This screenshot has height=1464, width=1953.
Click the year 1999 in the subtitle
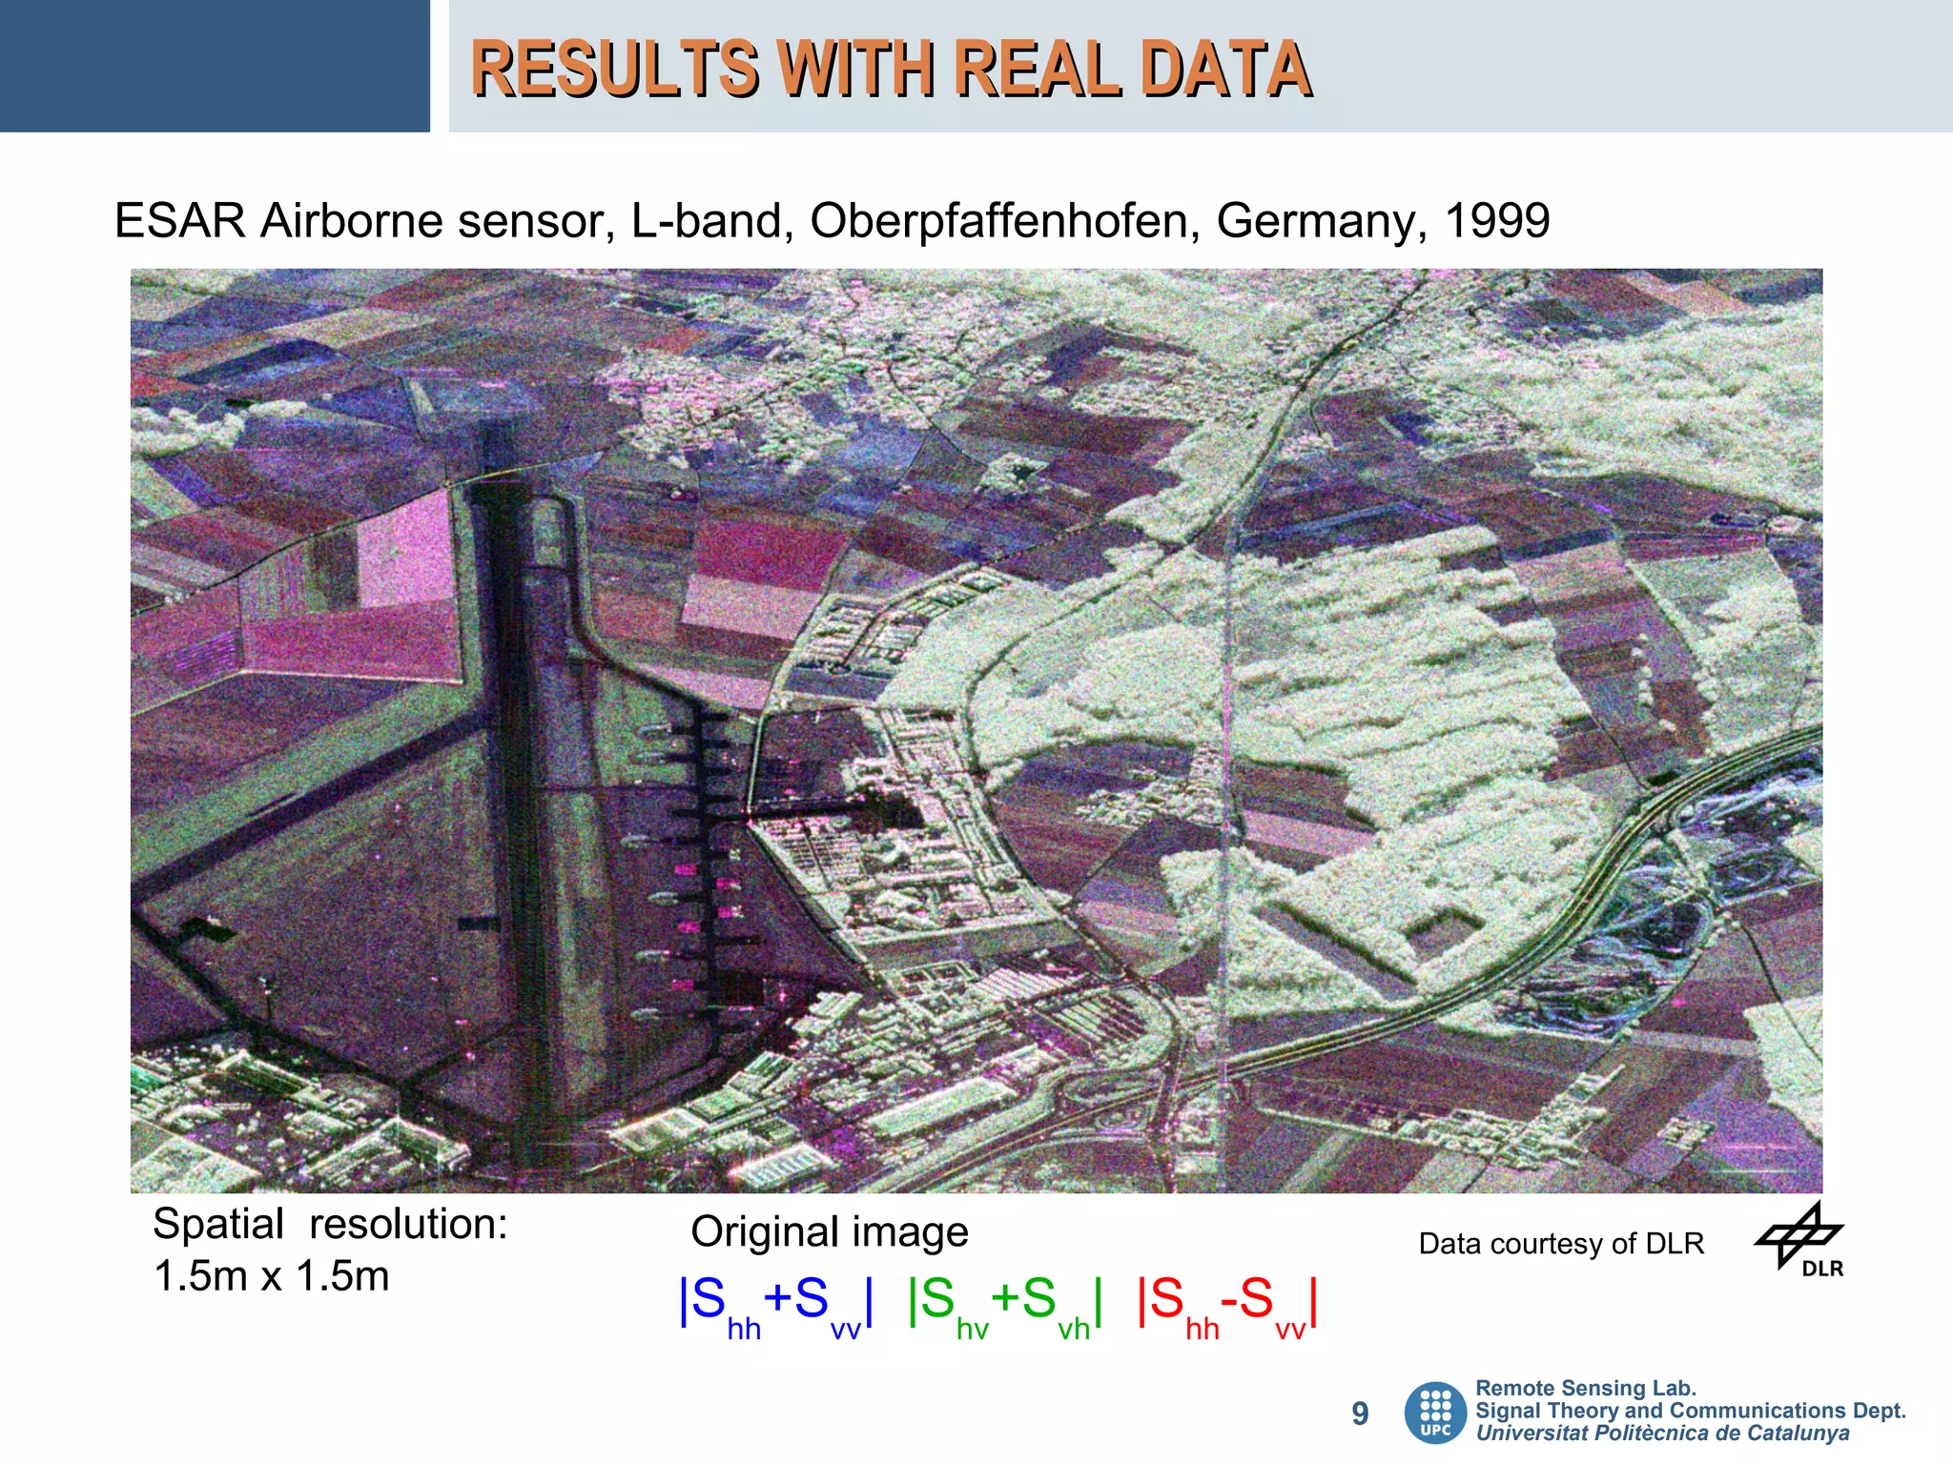1497,221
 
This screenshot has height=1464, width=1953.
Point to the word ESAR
180,221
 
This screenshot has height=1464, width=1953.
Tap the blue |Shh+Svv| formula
775,1302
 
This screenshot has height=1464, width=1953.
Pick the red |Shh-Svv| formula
1228,1302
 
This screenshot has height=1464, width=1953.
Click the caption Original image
829,1231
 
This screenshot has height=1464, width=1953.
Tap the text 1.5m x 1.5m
272,1276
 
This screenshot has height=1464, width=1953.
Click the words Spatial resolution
330,1225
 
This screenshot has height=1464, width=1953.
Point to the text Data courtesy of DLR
1561,1244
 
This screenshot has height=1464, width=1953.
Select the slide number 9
1360,1413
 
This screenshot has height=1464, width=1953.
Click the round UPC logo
1435,1413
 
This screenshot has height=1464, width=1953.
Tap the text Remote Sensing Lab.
1586,1389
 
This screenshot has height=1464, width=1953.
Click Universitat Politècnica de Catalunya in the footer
1662,1433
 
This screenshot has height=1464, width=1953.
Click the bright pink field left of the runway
404,548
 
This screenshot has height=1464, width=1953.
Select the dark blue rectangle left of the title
215,66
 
